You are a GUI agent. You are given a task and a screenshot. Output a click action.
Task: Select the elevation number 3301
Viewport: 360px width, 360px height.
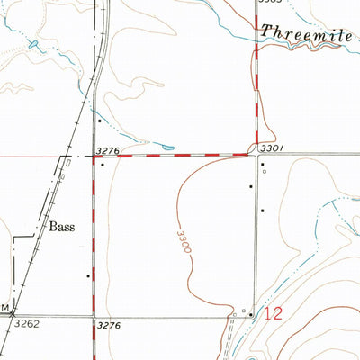coord(271,147)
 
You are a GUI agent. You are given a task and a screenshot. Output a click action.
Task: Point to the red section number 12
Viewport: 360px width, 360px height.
coord(277,314)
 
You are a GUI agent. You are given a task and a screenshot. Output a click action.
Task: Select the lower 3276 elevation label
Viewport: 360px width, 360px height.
coord(107,324)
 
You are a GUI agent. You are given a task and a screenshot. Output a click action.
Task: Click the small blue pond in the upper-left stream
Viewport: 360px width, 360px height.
coord(34,43)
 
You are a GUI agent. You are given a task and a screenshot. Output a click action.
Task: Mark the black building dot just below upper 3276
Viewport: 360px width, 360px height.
coord(102,165)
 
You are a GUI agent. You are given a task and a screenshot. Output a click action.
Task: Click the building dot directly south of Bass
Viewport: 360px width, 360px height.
coord(87,276)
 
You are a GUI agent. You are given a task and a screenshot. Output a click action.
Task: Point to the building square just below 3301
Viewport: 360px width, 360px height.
coord(262,165)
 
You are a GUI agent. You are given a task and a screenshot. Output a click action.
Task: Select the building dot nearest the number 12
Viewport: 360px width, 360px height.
coord(250,313)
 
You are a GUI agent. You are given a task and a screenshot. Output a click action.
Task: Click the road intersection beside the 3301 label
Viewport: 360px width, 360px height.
coord(255,155)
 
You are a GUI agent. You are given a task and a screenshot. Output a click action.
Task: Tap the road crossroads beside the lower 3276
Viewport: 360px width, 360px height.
coord(94,316)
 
